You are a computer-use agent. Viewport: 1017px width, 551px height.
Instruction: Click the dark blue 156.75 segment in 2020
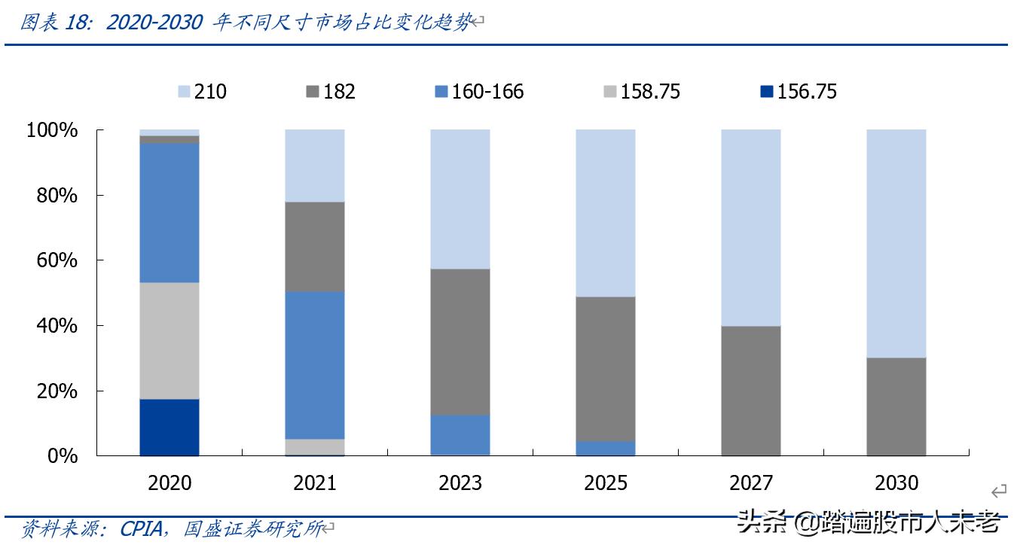[169, 427]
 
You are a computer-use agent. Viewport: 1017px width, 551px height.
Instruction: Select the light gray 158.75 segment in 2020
[169, 340]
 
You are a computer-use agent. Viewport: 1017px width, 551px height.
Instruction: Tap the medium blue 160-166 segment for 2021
[315, 365]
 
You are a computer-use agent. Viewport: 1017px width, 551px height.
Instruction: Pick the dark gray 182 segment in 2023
[460, 342]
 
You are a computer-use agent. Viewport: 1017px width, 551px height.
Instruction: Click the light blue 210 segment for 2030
[896, 243]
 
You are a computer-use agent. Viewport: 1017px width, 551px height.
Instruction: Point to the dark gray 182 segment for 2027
[751, 391]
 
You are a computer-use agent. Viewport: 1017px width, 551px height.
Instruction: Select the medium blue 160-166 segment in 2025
[606, 448]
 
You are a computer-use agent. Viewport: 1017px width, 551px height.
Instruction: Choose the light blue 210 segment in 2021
[315, 166]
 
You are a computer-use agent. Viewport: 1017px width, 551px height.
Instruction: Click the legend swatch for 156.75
[766, 92]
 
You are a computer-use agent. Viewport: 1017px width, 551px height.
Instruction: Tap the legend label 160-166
[487, 92]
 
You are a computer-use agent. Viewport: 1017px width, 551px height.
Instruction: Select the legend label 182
[339, 92]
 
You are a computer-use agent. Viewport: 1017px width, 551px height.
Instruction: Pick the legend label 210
[210, 92]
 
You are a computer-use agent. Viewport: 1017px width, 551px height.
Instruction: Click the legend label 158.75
[650, 92]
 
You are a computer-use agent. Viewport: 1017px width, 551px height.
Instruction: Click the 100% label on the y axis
[52, 130]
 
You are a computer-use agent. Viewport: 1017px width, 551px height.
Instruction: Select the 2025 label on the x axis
[606, 483]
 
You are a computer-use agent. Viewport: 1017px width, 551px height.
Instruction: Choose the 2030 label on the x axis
[896, 483]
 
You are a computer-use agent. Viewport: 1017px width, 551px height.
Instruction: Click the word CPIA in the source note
[141, 529]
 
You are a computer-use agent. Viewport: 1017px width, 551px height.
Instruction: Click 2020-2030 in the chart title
[154, 23]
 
